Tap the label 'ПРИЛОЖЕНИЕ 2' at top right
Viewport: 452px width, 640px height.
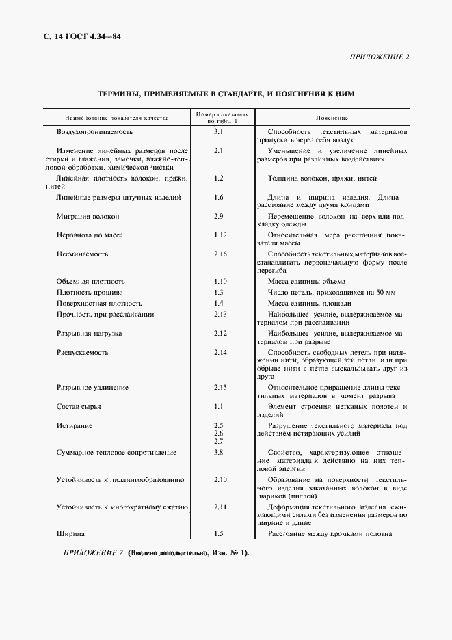378,57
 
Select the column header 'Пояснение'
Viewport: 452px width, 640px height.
332,118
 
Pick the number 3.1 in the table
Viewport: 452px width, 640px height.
219,131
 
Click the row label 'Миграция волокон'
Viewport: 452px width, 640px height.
88,216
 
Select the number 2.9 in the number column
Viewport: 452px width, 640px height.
219,216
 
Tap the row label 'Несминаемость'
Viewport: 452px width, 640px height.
82,254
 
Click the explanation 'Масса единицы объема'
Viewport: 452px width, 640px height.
306,281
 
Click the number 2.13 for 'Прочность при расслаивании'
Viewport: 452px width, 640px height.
220,314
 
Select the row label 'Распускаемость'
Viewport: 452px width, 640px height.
83,352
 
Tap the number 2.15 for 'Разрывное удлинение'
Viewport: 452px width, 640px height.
220,388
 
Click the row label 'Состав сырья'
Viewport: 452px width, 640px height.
79,406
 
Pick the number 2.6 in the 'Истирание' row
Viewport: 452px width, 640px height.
219,434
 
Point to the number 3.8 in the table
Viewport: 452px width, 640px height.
219,452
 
